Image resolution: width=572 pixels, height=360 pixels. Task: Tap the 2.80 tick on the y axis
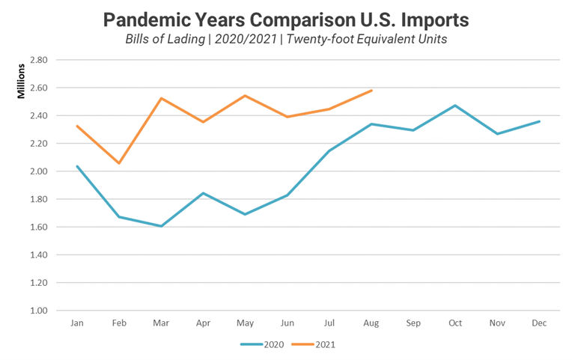(x=37, y=60)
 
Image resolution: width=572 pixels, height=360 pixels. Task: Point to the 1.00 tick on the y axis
(x=37, y=311)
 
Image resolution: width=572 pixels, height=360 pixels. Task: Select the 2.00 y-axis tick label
(x=37, y=171)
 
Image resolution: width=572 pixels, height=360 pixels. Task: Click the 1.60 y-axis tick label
(x=37, y=227)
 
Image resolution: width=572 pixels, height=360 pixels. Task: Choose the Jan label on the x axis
(x=77, y=323)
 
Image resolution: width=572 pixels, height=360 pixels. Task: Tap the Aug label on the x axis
(x=371, y=323)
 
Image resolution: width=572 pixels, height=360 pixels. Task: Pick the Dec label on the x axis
(x=539, y=323)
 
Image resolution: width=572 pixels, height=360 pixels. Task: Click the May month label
(x=245, y=323)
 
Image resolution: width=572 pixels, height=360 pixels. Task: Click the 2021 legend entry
(x=325, y=345)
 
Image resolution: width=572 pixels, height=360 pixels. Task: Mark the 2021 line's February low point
(x=119, y=163)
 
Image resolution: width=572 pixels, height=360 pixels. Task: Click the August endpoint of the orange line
(x=371, y=91)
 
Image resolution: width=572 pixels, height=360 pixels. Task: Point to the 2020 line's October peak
(x=455, y=106)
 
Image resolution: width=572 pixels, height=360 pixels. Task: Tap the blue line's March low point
(x=161, y=226)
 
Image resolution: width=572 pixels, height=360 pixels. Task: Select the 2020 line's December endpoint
(x=539, y=121)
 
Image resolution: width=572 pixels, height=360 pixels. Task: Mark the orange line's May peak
(x=245, y=96)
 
